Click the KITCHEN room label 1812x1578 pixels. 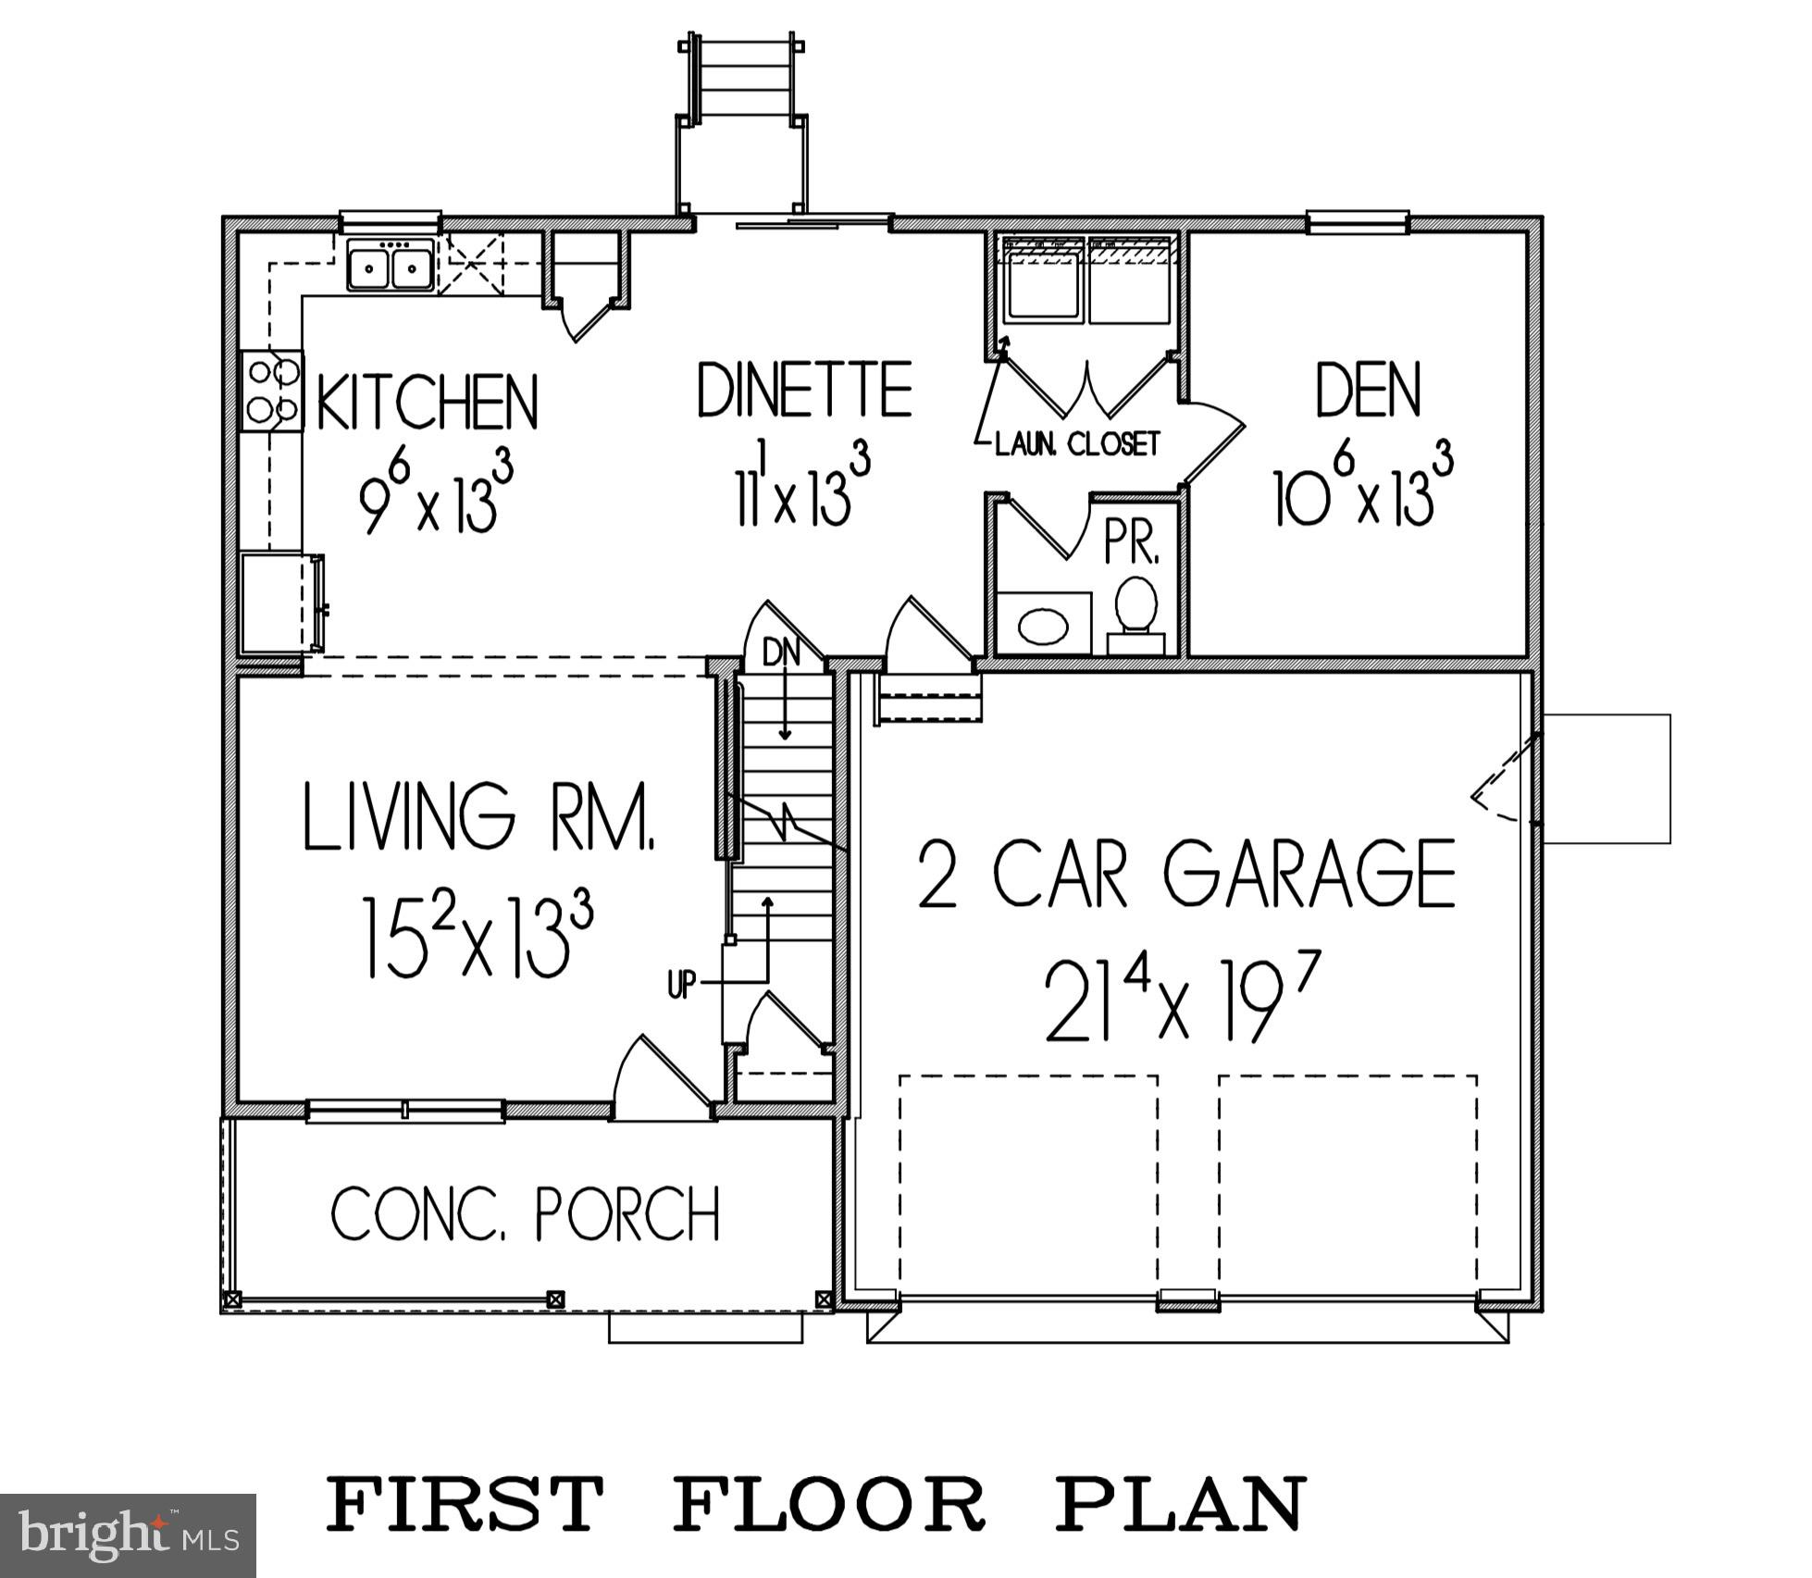[x=428, y=403]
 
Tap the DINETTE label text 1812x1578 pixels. [x=803, y=391]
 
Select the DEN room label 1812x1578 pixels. [x=1368, y=391]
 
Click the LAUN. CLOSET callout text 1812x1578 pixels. [x=1076, y=445]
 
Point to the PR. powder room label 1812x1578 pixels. [x=1131, y=547]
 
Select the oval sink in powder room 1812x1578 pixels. [x=1043, y=627]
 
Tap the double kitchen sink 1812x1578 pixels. [x=391, y=266]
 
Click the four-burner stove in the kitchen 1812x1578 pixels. [x=273, y=391]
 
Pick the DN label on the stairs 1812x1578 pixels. [x=781, y=652]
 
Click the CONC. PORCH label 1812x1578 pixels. [x=526, y=1213]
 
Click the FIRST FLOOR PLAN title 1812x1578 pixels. [x=816, y=1505]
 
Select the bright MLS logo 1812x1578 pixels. [x=128, y=1535]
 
